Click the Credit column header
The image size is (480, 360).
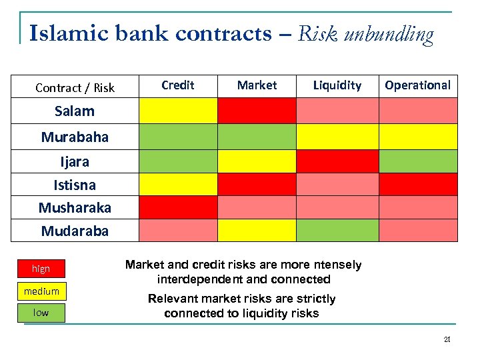coord(178,85)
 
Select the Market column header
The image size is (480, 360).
coord(257,85)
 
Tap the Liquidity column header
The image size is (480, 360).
coord(337,85)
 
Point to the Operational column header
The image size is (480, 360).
coord(418,85)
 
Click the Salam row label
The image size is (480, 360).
coord(75,111)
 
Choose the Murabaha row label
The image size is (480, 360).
coord(75,137)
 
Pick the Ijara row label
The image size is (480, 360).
coord(75,161)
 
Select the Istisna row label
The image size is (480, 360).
coord(75,185)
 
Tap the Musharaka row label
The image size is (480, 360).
coord(75,208)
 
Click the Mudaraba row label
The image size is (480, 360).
coord(75,231)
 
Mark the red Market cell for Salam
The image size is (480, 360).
coord(257,111)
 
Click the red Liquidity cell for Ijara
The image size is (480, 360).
coord(337,161)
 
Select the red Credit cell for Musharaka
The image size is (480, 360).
coord(178,207)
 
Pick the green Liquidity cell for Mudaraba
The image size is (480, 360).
coord(337,230)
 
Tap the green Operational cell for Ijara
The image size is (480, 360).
coord(418,161)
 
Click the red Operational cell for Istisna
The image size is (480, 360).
coord(418,184)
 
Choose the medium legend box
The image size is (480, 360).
coord(41,291)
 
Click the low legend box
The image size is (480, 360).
coord(41,313)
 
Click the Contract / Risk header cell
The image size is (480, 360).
coord(75,87)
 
